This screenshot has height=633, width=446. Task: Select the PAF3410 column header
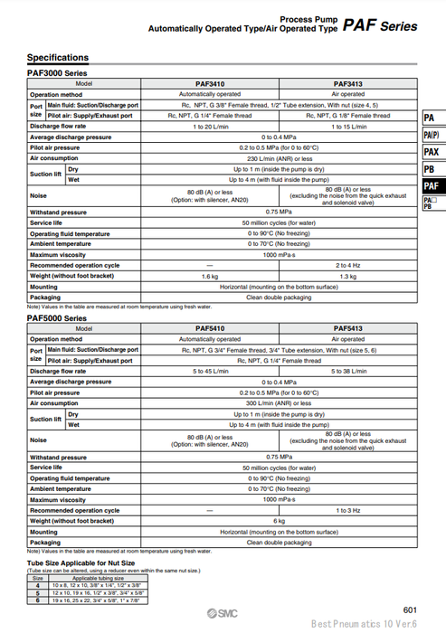point(209,83)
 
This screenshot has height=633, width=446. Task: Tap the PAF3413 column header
point(348,83)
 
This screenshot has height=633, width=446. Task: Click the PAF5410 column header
point(209,328)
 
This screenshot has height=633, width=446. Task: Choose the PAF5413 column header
point(348,328)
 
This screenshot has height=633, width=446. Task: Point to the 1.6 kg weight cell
point(209,276)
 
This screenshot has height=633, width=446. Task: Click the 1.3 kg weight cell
point(348,276)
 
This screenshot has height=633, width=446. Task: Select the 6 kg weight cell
point(279,521)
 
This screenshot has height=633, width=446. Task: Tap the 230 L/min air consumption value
point(279,158)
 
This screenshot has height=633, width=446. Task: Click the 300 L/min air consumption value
point(279,403)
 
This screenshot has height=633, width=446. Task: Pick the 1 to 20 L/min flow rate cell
point(209,127)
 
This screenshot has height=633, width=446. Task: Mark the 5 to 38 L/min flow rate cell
point(348,371)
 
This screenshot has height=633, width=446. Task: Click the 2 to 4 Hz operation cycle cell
point(348,265)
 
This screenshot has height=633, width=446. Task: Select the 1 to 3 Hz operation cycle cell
point(348,510)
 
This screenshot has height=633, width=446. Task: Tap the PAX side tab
point(432,152)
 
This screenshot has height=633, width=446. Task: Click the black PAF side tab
point(432,185)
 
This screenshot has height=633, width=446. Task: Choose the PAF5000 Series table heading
point(57,318)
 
